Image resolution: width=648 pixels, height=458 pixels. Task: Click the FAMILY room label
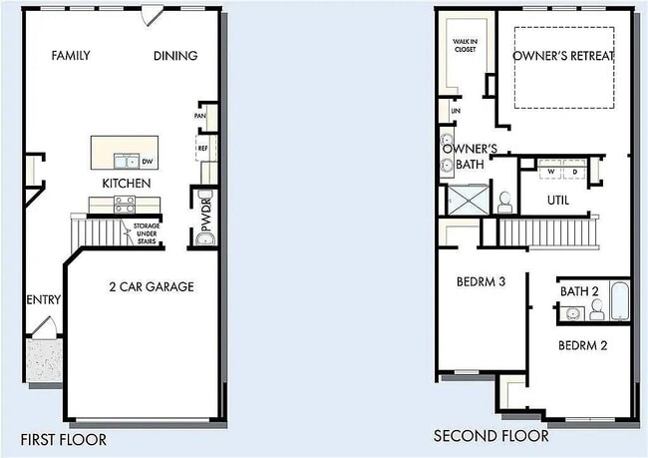click(71, 56)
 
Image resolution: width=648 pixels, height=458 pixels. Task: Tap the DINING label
click(175, 56)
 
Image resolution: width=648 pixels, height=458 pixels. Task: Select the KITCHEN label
click(127, 184)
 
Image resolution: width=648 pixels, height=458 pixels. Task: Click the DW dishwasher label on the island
click(148, 161)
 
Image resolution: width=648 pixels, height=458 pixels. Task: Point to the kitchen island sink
click(127, 160)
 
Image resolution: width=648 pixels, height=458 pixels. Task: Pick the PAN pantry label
click(200, 117)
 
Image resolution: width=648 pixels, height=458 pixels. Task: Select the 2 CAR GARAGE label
click(152, 287)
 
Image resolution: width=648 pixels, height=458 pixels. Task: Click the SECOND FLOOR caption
click(490, 436)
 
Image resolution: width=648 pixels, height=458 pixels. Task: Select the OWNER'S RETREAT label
click(563, 56)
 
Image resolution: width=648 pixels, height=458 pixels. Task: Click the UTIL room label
click(559, 200)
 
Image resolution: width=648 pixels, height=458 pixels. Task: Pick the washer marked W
click(549, 172)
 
